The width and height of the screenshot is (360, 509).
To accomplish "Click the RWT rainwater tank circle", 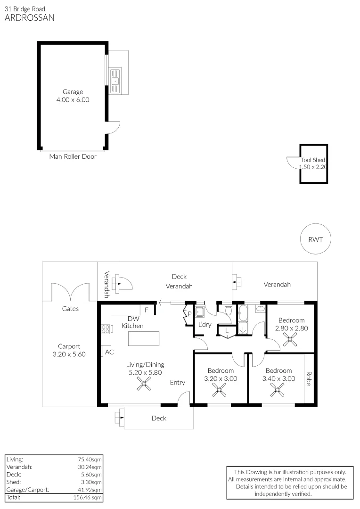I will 315,239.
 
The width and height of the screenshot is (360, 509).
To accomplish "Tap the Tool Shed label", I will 313,160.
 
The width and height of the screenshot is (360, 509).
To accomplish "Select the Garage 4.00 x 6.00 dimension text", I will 73,100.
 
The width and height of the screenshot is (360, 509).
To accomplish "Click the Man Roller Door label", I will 73,156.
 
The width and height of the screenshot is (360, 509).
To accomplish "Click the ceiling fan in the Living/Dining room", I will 143,386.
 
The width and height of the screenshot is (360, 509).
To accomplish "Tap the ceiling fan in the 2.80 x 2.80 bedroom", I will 291,340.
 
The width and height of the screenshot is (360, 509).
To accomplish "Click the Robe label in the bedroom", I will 309,379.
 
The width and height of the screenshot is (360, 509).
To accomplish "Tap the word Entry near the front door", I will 178,382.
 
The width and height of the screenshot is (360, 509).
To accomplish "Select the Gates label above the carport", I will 70,309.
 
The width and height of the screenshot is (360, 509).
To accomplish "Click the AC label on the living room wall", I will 109,352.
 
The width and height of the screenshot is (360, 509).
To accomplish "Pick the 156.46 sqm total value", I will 89,497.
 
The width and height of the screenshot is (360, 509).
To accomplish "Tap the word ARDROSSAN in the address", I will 29,18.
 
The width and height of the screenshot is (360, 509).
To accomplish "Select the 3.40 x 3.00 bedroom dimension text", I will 278,378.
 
